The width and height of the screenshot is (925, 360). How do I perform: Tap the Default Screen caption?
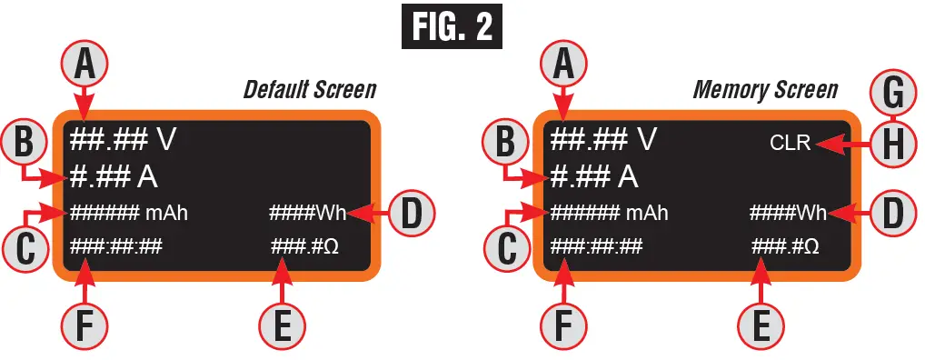(x=309, y=90)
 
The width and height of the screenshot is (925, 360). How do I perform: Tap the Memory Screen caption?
(x=765, y=90)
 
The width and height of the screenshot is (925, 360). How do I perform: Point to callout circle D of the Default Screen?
(x=410, y=215)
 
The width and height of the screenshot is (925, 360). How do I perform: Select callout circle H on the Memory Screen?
(x=894, y=143)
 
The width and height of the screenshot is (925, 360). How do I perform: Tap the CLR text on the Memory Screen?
(x=790, y=143)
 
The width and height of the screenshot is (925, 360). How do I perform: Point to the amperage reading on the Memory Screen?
(x=593, y=175)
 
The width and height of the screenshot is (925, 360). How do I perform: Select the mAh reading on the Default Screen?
(x=134, y=214)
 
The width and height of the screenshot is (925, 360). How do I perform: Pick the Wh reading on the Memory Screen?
(x=787, y=214)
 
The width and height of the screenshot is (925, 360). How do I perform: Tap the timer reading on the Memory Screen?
(x=596, y=246)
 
